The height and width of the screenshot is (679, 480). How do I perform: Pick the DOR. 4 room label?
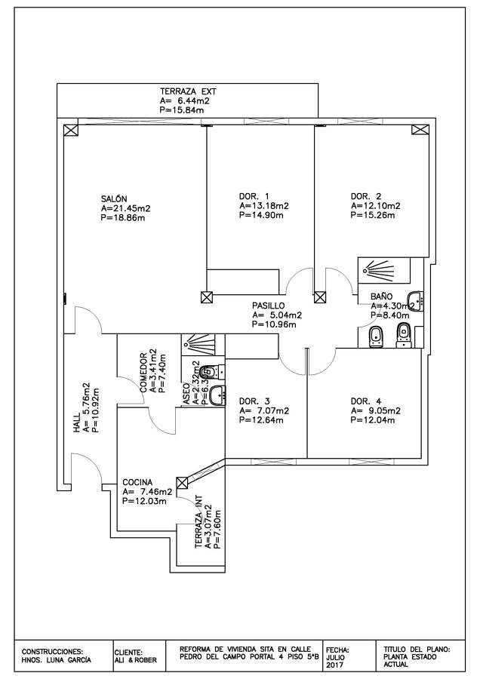pos(365,401)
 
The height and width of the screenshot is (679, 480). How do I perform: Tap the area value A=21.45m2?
pos(125,208)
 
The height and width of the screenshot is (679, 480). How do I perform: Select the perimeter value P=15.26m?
pos(375,215)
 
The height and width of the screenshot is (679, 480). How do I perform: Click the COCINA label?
pos(138,482)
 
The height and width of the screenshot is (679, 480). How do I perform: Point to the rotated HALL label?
pos(76,437)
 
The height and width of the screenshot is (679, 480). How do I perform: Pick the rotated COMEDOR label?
pos(143,372)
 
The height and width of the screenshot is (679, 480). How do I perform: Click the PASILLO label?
pos(269,306)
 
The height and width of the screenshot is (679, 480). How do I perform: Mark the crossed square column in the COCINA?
pos(182,483)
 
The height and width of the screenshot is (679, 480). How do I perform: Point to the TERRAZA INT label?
pos(198,527)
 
